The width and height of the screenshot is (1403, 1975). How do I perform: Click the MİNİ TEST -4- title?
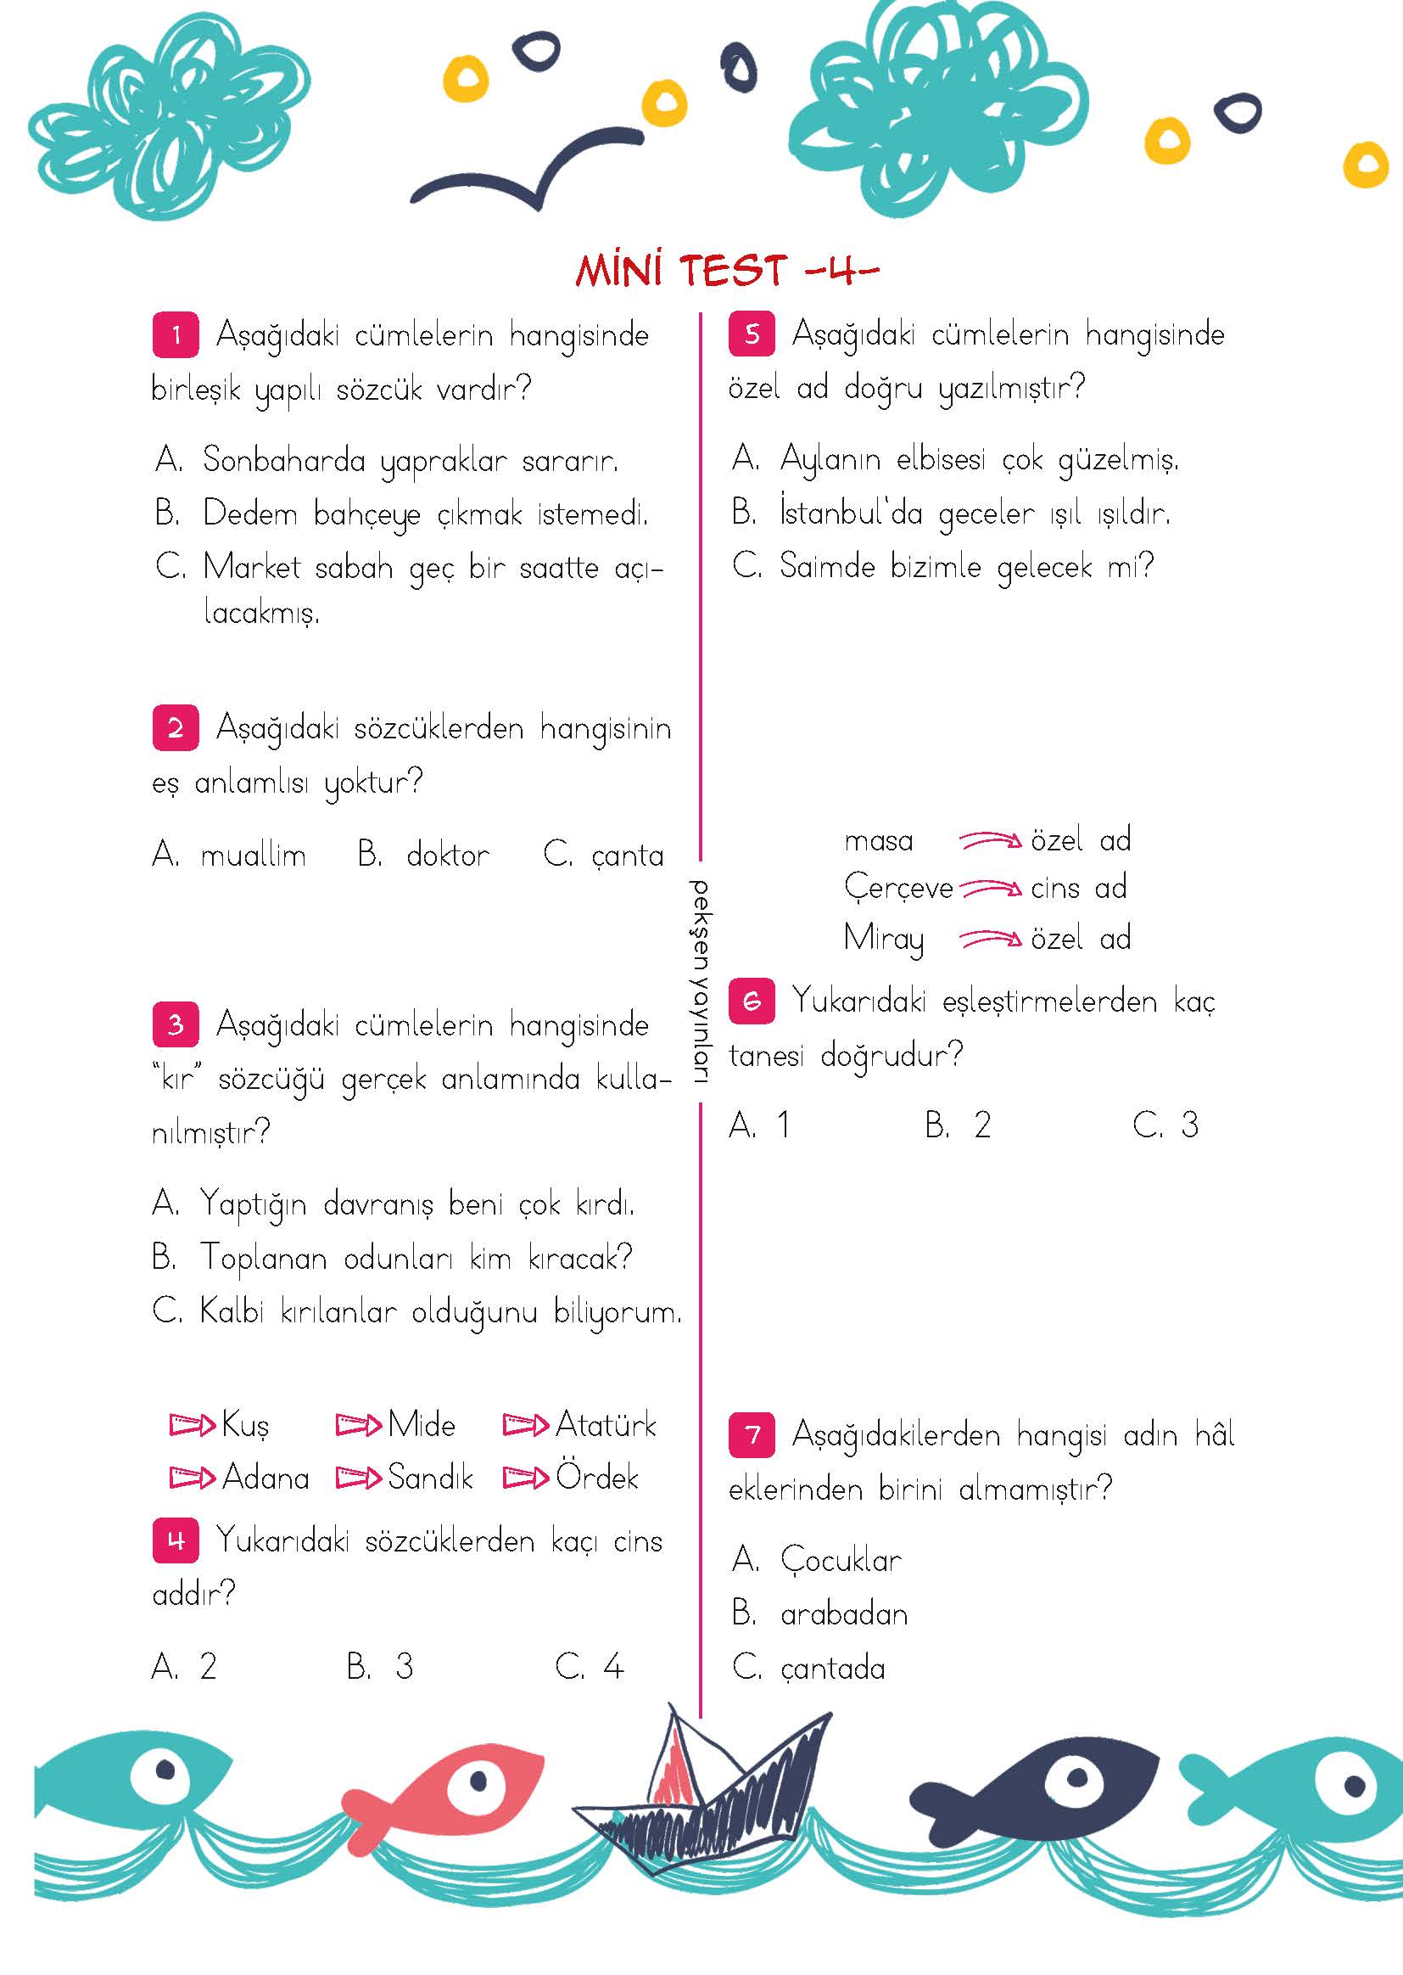click(x=727, y=271)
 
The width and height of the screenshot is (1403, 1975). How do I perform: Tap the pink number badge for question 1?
click(x=176, y=334)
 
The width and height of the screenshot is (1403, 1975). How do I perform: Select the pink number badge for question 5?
click(x=752, y=334)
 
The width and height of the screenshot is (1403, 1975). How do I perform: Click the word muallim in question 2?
click(x=253, y=856)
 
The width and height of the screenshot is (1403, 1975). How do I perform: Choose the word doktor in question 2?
click(x=448, y=856)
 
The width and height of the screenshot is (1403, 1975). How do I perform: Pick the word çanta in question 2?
click(x=627, y=856)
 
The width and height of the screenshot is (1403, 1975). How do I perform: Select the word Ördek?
click(x=597, y=1477)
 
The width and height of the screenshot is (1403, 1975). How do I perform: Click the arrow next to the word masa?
click(x=990, y=839)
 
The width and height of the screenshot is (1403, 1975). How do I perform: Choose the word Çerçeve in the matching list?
click(x=897, y=889)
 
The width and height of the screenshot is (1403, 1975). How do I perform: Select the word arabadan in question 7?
click(x=844, y=1614)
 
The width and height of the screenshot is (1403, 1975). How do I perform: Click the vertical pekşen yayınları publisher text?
click(x=699, y=981)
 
